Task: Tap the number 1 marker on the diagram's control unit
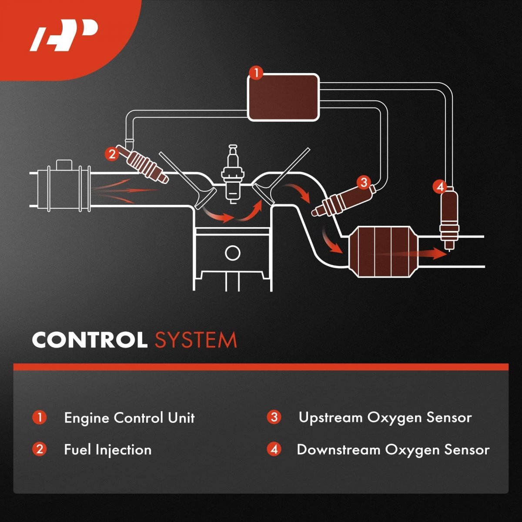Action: (x=257, y=73)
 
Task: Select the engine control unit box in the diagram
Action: (x=284, y=97)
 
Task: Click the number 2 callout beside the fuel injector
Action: (x=112, y=154)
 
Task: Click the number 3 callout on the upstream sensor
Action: (x=364, y=183)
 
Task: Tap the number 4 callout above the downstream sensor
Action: (x=440, y=187)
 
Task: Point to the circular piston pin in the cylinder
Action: (x=233, y=253)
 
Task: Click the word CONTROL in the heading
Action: (x=89, y=340)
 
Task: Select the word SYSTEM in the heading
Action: (x=196, y=340)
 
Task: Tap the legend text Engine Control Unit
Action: (x=129, y=418)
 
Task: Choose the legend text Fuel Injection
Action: (x=107, y=449)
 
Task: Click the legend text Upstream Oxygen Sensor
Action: (x=385, y=418)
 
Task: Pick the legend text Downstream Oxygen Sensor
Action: (x=393, y=449)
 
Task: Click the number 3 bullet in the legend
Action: (x=274, y=418)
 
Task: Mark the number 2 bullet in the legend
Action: (x=40, y=449)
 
